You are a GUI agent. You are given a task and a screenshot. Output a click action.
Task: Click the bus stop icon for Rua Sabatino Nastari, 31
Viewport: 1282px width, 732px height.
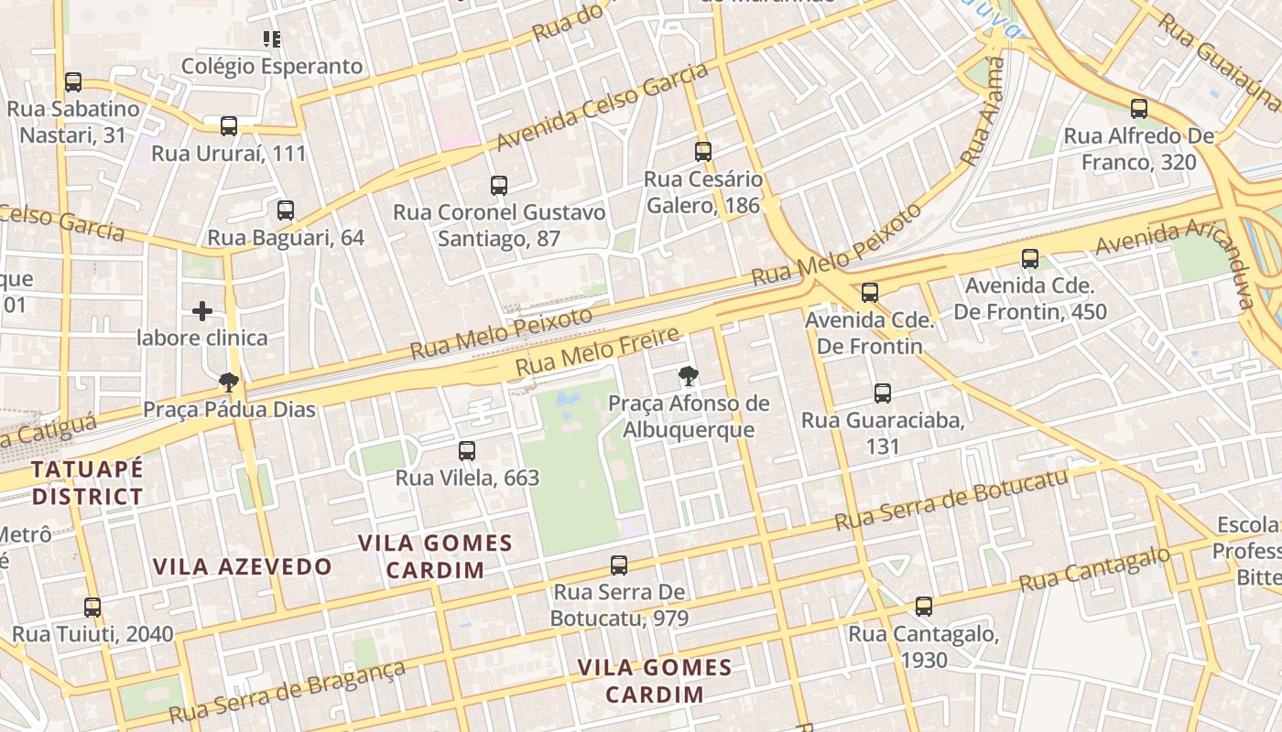point(73,82)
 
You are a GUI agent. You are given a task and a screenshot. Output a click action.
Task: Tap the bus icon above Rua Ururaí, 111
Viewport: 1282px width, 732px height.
point(229,126)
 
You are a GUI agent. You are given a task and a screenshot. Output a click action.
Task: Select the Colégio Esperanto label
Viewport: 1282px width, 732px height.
point(272,67)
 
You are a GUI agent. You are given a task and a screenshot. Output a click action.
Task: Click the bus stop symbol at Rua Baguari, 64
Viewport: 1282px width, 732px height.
point(286,210)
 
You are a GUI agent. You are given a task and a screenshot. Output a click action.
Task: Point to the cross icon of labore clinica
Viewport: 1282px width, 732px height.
point(202,311)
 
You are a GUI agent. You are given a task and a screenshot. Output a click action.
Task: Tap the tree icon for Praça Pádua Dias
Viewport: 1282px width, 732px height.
point(229,382)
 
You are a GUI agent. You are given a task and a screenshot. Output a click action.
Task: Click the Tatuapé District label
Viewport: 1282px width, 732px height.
point(88,483)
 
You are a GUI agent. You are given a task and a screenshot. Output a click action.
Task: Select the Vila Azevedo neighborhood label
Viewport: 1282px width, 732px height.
point(243,566)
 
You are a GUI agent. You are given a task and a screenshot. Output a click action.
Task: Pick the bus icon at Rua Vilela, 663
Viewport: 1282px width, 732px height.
point(467,450)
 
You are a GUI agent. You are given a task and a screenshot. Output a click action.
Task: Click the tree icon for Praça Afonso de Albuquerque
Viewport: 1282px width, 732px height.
point(688,375)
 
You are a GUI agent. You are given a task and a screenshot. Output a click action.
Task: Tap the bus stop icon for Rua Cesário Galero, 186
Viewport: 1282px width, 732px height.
point(703,152)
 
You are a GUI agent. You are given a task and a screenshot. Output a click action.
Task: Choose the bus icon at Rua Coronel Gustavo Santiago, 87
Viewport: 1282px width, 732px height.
point(499,186)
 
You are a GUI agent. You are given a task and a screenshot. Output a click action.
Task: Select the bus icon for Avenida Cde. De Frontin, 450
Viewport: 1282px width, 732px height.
point(1030,259)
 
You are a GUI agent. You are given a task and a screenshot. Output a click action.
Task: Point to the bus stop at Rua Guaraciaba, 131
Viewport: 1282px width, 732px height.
point(883,393)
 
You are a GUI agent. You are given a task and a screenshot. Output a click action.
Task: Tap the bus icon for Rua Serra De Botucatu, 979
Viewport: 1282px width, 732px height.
point(619,565)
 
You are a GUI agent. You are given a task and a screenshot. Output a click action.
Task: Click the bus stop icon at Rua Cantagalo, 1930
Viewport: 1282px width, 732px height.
point(924,606)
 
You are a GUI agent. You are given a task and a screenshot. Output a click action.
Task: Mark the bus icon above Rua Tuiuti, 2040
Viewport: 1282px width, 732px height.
point(92,607)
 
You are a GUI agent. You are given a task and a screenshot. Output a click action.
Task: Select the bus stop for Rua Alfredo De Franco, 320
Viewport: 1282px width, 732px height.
point(1139,109)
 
